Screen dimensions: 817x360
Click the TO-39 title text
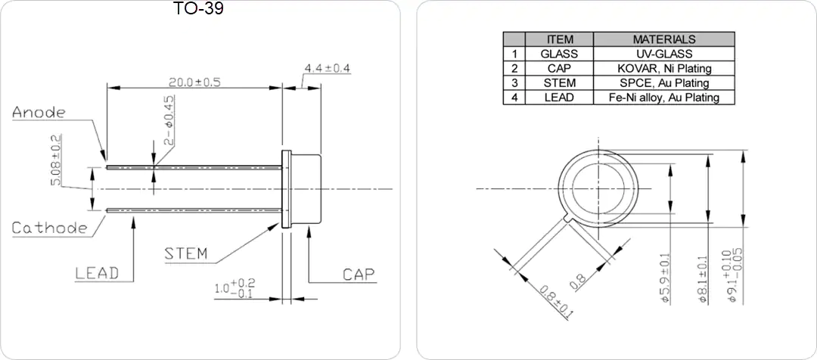(x=198, y=8)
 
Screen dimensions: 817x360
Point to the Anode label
(x=39, y=113)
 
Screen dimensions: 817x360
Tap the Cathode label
(x=49, y=228)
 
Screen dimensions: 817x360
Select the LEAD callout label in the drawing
(x=97, y=273)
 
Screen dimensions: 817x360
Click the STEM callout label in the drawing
(x=185, y=253)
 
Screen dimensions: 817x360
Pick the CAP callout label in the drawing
(x=359, y=275)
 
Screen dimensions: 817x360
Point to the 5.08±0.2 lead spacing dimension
(x=57, y=160)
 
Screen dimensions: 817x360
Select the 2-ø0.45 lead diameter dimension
(x=169, y=119)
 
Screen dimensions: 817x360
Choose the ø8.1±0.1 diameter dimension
(x=703, y=279)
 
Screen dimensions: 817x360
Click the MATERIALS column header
(x=664, y=39)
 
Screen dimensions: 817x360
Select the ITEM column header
(x=560, y=39)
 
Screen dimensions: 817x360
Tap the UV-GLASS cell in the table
(x=664, y=53)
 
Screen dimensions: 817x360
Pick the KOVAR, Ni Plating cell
(x=664, y=68)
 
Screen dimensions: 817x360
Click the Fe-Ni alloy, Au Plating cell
(x=664, y=97)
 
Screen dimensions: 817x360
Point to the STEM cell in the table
(x=560, y=82)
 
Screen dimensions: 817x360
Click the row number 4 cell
(x=514, y=97)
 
